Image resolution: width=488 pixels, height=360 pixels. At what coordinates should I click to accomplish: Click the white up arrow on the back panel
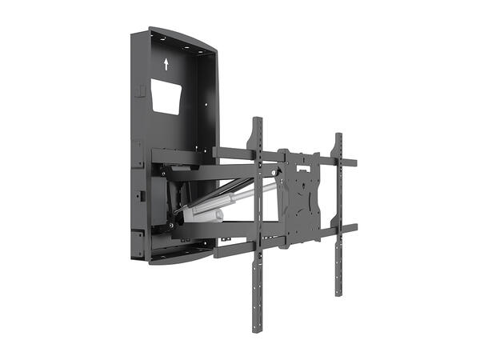[x=166, y=64]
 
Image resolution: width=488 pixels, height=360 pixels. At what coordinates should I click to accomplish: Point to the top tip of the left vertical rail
[x=258, y=121]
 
